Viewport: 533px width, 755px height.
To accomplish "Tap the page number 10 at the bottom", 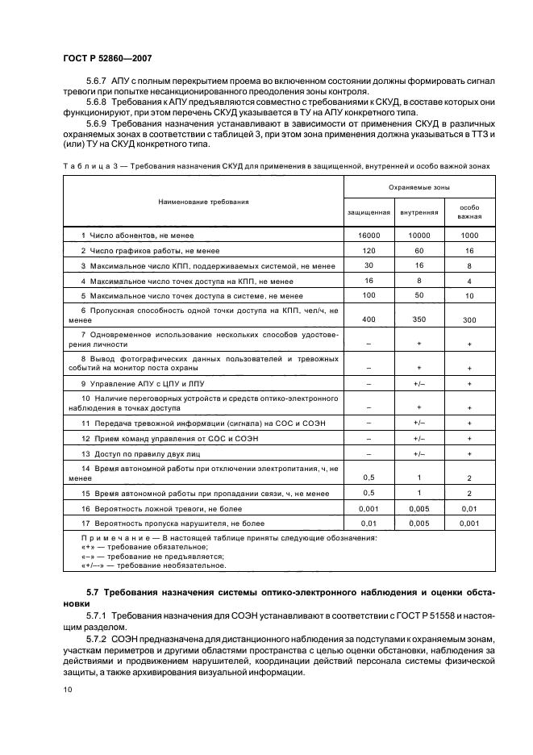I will tap(68, 688).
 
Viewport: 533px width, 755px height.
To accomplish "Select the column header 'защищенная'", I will tap(369, 212).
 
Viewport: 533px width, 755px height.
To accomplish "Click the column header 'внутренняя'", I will tap(420, 212).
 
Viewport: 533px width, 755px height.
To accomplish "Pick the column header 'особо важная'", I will tap(469, 212).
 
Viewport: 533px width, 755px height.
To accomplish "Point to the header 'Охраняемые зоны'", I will tap(419, 187).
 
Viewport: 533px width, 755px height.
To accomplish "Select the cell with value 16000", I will tap(369, 235).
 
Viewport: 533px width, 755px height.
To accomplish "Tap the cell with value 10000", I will tap(420, 235).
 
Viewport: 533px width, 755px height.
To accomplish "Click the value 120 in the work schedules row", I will tap(369, 250).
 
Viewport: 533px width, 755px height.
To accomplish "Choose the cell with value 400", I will tap(369, 319).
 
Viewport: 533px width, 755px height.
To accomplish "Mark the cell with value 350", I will tap(420, 319).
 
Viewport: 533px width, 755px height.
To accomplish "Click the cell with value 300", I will tap(469, 321).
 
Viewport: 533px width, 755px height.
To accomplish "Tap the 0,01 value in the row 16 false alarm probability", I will tap(469, 509).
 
